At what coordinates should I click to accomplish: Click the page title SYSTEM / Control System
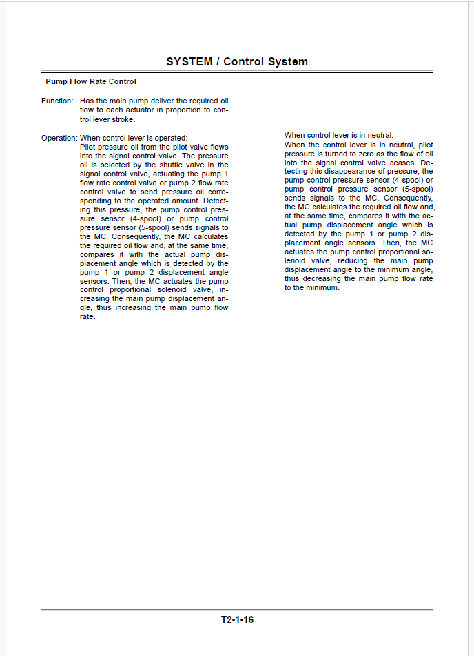tap(237, 62)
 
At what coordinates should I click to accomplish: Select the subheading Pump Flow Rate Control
tap(91, 82)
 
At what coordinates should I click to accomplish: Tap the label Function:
tap(57, 101)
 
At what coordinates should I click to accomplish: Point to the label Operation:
tap(59, 138)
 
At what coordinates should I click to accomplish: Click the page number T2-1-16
tap(237, 619)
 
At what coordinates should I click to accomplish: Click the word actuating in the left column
tap(158, 174)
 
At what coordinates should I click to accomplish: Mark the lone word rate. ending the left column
tap(87, 317)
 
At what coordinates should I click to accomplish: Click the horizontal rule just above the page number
tap(237, 609)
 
